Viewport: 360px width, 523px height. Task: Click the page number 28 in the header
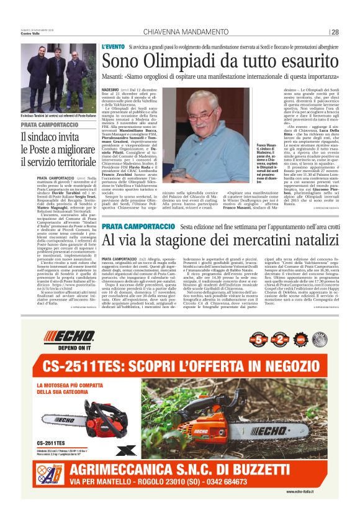pos(335,32)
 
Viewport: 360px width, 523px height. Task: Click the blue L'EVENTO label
pos(112,47)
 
